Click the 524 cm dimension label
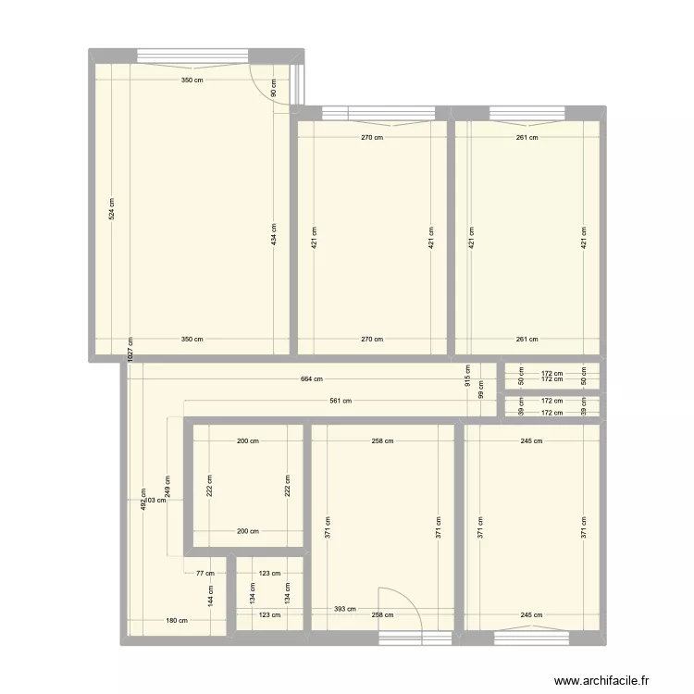pos(111,209)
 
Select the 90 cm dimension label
pos(274,88)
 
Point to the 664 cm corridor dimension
pos(312,378)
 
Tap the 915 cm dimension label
pos(468,374)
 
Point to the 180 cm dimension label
pos(177,621)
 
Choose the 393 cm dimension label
pos(344,610)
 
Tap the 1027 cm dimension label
pos(130,351)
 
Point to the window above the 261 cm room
pos(527,114)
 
